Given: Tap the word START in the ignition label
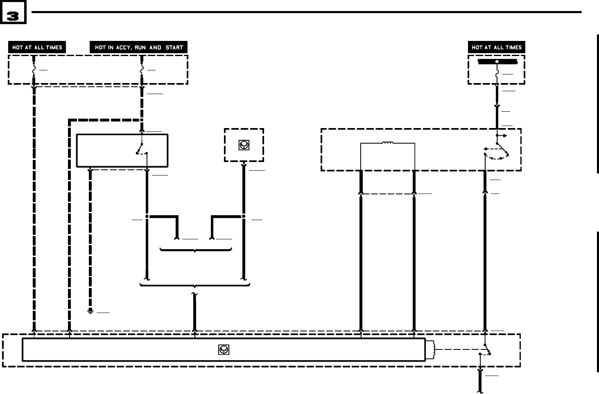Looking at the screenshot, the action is tap(174, 47).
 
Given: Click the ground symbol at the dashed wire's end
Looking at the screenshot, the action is tap(90, 311).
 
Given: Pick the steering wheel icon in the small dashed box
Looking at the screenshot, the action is tap(244, 145).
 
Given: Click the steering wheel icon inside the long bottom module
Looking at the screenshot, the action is tap(224, 349).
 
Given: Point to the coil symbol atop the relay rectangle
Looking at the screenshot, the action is tap(387, 143).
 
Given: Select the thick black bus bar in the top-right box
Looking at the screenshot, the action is tap(497, 62).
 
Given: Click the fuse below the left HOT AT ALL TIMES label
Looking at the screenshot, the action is tap(34, 70).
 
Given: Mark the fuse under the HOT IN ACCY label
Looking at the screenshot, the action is tap(142, 70).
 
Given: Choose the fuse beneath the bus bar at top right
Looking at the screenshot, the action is tap(497, 74).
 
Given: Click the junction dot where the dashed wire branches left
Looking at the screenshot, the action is tap(142, 120).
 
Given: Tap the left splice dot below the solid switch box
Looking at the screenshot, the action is tap(147, 216).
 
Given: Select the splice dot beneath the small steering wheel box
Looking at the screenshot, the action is tap(244, 216).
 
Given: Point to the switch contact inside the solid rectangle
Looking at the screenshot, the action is tap(141, 149).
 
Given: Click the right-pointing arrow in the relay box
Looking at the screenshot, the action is tap(503, 135).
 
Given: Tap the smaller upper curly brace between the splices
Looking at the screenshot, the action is tap(196, 250).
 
